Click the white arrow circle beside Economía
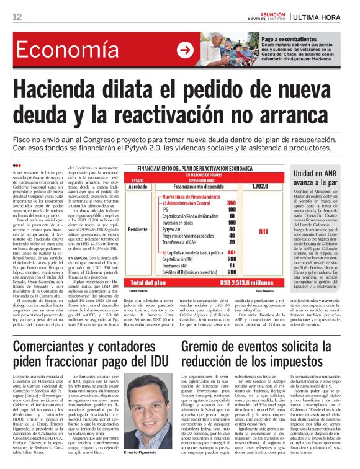click(184, 50)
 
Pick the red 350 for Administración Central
click(232, 203)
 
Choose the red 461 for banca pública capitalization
click(232, 252)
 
